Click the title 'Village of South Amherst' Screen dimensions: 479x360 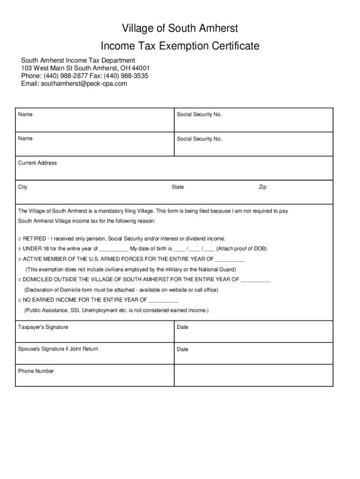180,29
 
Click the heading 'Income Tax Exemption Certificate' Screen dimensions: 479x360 180,46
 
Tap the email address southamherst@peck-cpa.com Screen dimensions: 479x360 84,84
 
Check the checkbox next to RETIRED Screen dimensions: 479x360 20,239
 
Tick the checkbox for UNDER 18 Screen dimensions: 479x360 20,249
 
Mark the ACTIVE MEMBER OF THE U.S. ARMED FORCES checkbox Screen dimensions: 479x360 20,259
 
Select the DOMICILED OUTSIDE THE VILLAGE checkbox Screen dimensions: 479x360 20,280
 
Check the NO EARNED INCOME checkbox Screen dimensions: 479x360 20,300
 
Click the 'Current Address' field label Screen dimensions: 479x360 37,163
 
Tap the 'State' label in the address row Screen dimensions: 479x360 178,187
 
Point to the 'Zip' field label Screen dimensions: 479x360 263,187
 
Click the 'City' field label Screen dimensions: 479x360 23,187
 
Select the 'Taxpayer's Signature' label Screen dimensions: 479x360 43,327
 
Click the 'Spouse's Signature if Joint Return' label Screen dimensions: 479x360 58,349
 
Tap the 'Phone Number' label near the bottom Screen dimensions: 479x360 36,371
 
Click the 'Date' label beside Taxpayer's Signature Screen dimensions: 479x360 182,327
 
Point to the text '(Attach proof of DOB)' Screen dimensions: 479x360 241,249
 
